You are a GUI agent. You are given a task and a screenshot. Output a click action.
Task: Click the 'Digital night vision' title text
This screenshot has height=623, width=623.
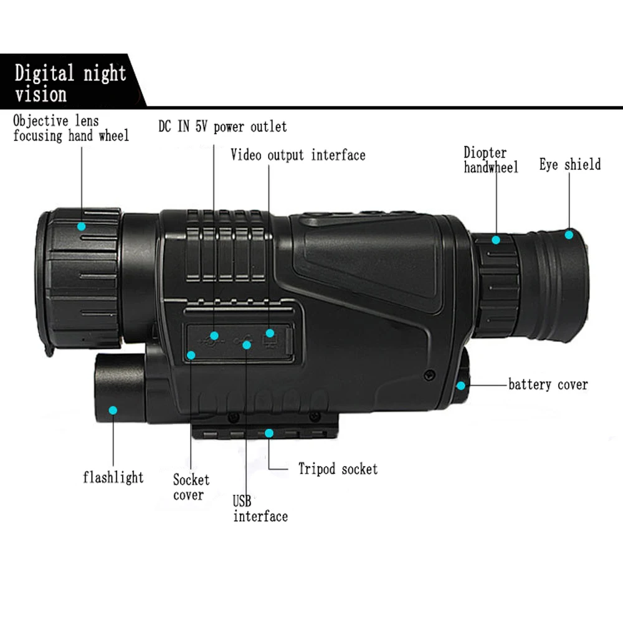[x=70, y=83]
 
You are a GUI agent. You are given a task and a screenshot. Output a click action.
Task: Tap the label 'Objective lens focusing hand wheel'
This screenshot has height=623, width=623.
[x=71, y=128]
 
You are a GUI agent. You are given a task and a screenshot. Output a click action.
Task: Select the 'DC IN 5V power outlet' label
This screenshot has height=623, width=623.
[x=222, y=126]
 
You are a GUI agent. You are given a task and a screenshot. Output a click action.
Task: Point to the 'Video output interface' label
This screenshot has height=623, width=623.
[x=298, y=155]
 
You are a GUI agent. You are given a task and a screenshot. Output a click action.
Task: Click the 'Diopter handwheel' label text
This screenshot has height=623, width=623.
[x=491, y=159]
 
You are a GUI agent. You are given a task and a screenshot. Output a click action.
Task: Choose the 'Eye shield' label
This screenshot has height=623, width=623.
[x=570, y=164]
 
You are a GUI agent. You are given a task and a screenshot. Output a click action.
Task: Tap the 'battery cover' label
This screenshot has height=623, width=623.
[x=548, y=384]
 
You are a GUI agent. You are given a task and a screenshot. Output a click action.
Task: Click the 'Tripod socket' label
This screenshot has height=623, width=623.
[x=338, y=469]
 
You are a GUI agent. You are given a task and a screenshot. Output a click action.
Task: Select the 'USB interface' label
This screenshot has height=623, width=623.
[x=260, y=508]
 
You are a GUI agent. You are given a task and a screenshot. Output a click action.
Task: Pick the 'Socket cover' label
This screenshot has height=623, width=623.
[x=191, y=487]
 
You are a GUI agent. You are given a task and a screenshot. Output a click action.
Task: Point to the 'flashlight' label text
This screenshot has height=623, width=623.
[x=113, y=477]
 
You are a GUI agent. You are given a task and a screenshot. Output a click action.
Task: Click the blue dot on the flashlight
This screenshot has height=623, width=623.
[x=113, y=410]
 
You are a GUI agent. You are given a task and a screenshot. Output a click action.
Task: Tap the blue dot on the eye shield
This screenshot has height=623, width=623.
[x=569, y=235]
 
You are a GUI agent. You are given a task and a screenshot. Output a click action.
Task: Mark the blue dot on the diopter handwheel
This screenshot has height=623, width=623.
[x=496, y=240]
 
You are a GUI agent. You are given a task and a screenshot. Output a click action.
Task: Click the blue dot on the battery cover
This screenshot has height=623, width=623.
[x=461, y=386]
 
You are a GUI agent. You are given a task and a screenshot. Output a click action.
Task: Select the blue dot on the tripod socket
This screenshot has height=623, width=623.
[x=269, y=433]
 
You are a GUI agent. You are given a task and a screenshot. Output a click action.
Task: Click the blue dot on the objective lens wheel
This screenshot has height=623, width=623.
[x=82, y=227]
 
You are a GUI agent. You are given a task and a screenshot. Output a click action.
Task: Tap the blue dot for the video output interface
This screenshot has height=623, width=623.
[x=270, y=333]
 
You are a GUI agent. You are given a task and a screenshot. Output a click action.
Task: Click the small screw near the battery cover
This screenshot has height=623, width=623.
[x=429, y=374]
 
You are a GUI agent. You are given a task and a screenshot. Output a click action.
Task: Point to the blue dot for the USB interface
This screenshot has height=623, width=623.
[x=247, y=345]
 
